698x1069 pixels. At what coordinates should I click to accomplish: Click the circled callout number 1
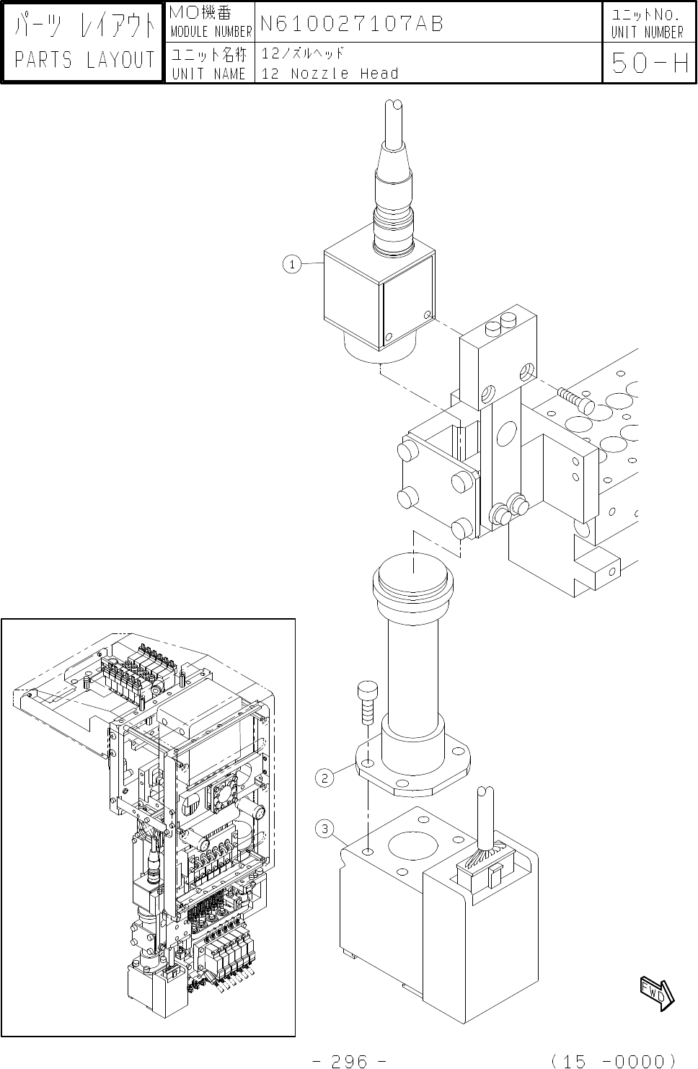pyautogui.click(x=292, y=265)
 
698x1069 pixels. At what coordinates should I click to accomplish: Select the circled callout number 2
pyautogui.click(x=325, y=778)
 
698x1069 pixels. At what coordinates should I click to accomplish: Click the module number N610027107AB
pyautogui.click(x=351, y=23)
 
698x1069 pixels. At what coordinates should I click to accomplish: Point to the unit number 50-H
pyautogui.click(x=649, y=64)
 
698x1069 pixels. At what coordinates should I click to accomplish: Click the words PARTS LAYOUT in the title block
pyautogui.click(x=84, y=60)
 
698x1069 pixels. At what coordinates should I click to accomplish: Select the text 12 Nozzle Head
pyautogui.click(x=330, y=74)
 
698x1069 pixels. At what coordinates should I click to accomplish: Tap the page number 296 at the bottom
pyautogui.click(x=350, y=1060)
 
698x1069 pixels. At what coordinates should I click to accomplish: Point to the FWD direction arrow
pyautogui.click(x=657, y=993)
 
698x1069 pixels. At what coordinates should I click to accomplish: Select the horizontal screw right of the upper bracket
pyautogui.click(x=575, y=398)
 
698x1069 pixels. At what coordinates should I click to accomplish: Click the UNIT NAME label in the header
pyautogui.click(x=209, y=73)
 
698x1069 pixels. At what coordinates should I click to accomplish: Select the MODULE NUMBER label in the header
pyautogui.click(x=211, y=32)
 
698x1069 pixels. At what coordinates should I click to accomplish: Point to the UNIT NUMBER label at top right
pyautogui.click(x=647, y=32)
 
